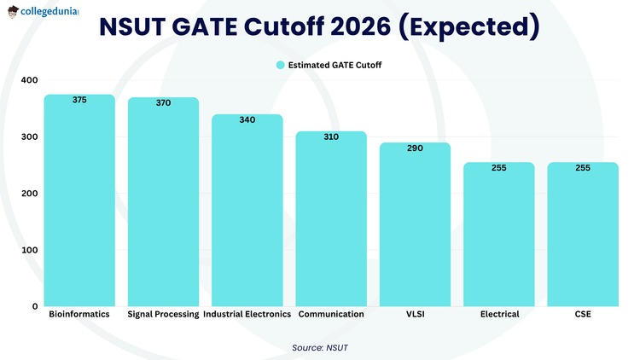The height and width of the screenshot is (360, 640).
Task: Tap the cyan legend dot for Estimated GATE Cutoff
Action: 280,65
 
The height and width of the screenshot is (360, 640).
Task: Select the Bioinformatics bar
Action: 79,205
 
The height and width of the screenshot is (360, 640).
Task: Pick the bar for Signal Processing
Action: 163,205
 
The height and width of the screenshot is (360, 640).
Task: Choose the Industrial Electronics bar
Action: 247,213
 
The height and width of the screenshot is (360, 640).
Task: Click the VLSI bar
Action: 415,226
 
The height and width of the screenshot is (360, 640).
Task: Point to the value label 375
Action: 79,100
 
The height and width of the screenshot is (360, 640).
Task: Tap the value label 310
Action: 331,136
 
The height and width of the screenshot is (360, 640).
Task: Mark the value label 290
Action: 415,148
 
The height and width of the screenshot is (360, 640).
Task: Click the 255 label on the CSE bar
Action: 583,168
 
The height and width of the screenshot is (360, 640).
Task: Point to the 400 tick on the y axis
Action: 30,80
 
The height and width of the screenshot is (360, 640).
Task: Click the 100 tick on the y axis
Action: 30,250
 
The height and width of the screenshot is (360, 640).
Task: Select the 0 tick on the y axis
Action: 35,306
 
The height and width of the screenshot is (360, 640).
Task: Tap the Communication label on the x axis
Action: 331,314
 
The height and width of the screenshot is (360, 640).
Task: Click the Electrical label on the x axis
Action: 499,314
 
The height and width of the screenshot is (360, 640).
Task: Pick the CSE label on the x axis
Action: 583,314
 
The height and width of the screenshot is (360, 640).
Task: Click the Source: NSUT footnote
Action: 320,347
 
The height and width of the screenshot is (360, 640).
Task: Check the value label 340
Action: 247,119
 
